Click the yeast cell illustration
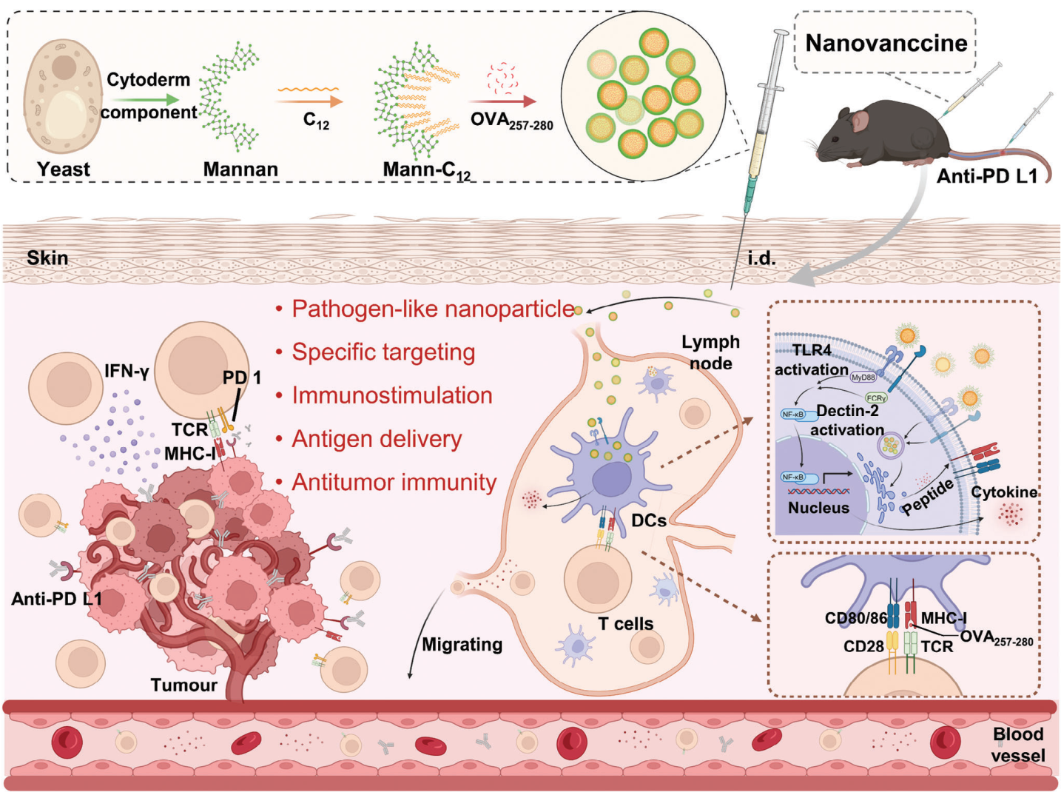[63, 97]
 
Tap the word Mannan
[240, 170]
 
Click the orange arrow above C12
[309, 101]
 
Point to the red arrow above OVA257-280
[502, 101]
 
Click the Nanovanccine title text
[886, 43]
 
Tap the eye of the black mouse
[835, 139]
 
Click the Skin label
[47, 258]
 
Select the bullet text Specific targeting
[383, 352]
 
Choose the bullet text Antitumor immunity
[394, 482]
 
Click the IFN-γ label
[127, 372]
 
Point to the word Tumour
[183, 685]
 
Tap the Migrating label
[462, 645]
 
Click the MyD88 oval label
[863, 378]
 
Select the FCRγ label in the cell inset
[876, 398]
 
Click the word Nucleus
[819, 508]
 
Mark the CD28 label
[863, 646]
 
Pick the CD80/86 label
[855, 618]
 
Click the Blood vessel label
[1018, 745]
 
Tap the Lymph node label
[710, 352]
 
